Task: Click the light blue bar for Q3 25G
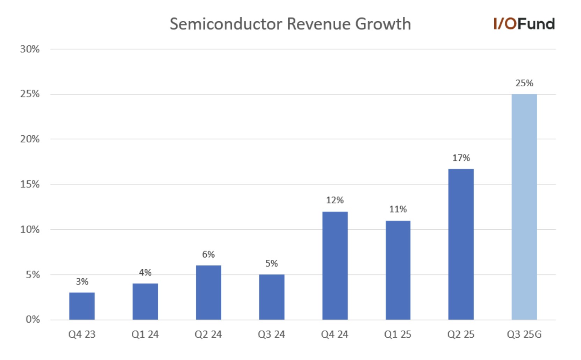524,207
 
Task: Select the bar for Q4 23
82,306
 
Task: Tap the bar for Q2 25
461,244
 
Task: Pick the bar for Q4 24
335,266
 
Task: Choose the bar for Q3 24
272,297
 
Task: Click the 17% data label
461,158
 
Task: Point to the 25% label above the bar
524,83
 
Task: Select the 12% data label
335,200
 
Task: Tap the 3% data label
82,282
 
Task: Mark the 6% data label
208,254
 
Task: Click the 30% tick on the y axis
30,49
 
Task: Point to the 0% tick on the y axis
33,319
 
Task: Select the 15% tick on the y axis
30,185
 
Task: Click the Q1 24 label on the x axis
145,334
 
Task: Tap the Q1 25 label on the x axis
397,334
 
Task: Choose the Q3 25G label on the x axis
524,334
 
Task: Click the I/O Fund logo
524,24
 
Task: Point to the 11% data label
398,209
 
